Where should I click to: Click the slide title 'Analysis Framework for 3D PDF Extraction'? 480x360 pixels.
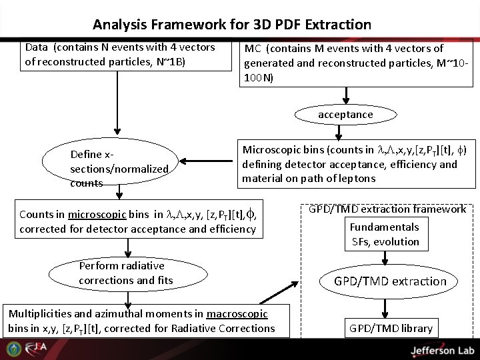(232, 25)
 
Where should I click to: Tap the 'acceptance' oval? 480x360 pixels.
(345, 115)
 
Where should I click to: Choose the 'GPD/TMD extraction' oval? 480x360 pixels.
(390, 281)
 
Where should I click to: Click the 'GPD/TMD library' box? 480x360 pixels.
(391, 328)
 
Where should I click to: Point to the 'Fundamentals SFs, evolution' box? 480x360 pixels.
(385, 234)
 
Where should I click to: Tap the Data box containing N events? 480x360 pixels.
(120, 55)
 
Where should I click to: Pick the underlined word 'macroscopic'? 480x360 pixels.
(237, 313)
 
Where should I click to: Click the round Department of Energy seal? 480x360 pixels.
(13, 349)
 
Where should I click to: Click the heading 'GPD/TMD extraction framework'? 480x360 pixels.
(387, 209)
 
